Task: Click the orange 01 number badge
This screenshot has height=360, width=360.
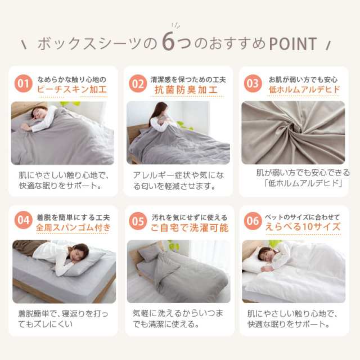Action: click(x=24, y=84)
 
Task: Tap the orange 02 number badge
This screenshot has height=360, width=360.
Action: click(x=138, y=84)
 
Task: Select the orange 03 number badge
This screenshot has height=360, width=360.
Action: click(x=253, y=84)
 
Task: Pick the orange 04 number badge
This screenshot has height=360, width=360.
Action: click(x=24, y=220)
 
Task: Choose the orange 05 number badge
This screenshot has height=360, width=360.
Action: click(x=138, y=221)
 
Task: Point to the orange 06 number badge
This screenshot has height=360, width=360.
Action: click(x=253, y=221)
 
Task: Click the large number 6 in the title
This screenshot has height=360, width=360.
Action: click(x=169, y=42)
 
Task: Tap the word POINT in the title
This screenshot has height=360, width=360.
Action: click(x=293, y=44)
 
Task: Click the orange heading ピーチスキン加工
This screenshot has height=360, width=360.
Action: click(x=72, y=89)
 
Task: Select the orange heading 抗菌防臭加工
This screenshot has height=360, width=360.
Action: click(x=186, y=90)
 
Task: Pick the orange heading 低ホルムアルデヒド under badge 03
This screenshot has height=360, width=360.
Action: click(x=304, y=89)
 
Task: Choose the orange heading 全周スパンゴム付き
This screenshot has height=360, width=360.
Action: click(x=73, y=227)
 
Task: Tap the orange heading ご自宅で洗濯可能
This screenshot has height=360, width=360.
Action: click(x=190, y=227)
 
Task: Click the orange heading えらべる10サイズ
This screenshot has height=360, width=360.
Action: click(x=303, y=227)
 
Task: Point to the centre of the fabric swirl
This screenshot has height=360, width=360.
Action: click(x=296, y=130)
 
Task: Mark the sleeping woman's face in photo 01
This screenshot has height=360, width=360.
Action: click(x=37, y=114)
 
